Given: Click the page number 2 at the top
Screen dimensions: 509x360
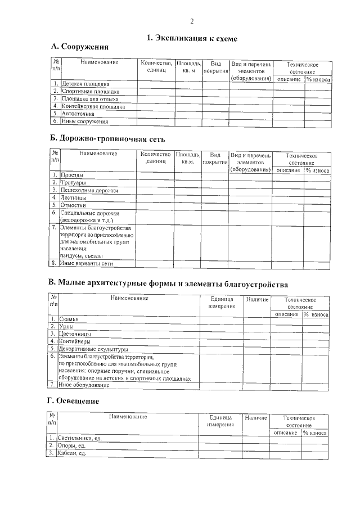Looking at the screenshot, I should [x=192, y=21].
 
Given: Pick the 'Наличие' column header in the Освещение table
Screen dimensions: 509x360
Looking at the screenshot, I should [x=256, y=417].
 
